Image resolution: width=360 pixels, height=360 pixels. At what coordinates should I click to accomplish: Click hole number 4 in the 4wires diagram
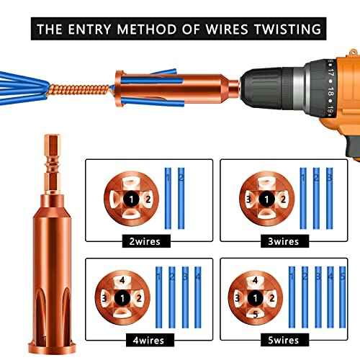tap(123, 279)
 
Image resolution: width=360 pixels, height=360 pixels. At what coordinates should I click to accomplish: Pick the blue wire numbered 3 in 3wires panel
tap(330, 197)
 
